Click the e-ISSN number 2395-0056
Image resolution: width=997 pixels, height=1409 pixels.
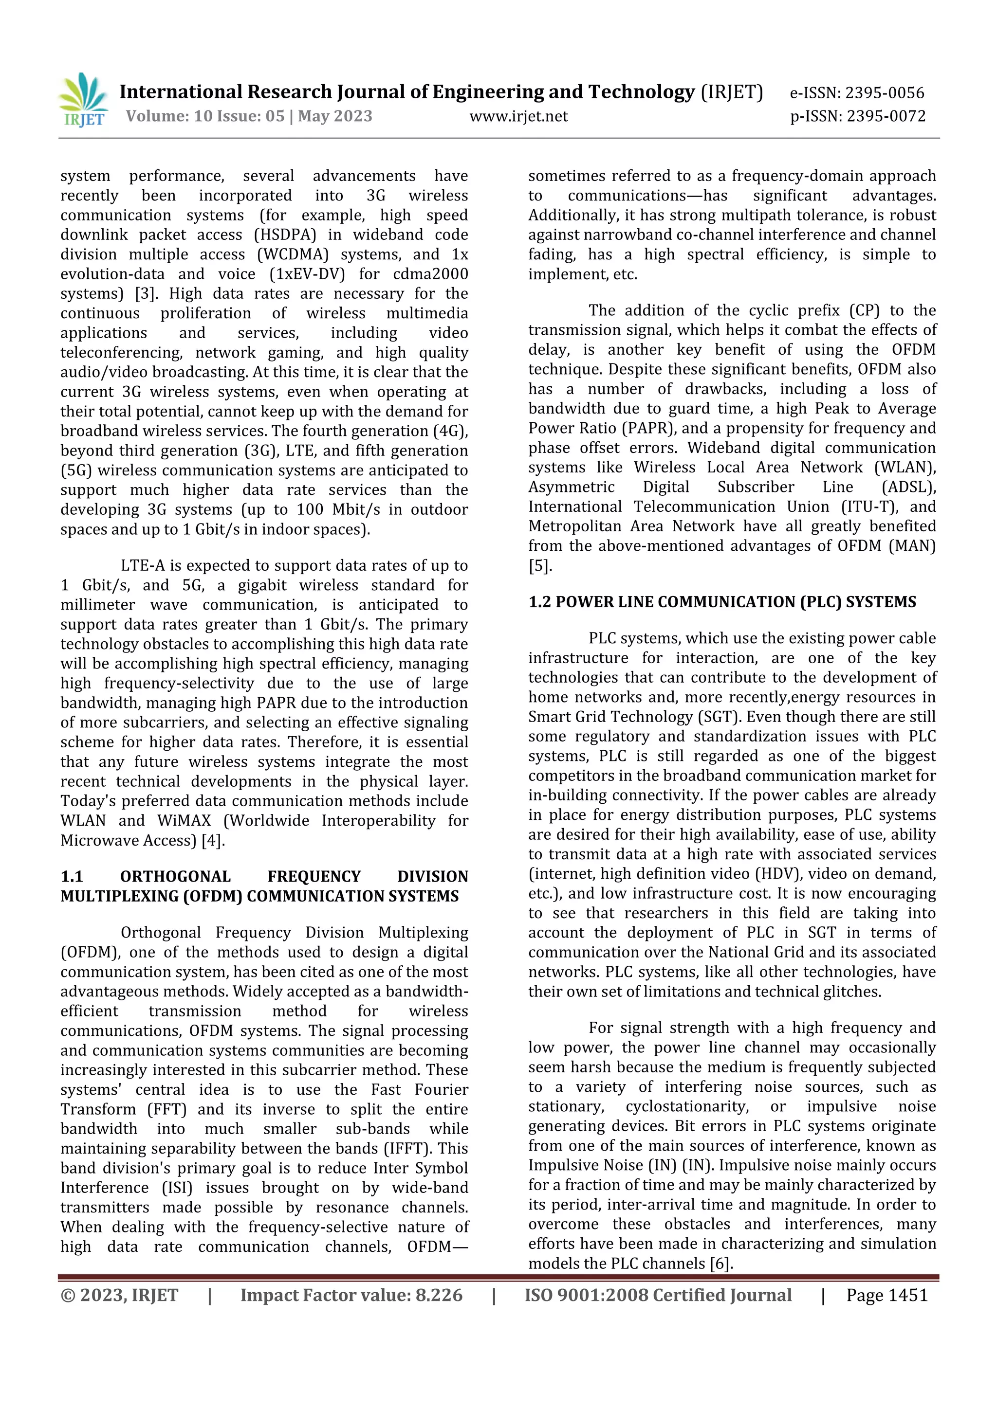tap(884, 93)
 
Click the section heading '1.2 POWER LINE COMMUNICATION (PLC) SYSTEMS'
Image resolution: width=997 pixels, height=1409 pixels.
tap(722, 602)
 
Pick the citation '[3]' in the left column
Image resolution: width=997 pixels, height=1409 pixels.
tap(146, 294)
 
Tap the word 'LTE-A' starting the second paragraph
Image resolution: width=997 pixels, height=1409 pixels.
tap(141, 566)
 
